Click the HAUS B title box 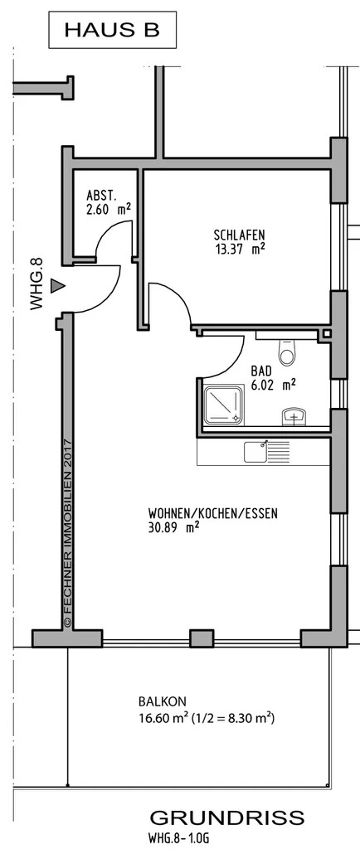click(x=113, y=30)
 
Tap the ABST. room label click(x=101, y=196)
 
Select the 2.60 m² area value click(x=109, y=209)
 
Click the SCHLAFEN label click(x=239, y=235)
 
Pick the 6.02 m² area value click(x=273, y=385)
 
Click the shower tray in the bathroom click(x=223, y=404)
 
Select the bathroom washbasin click(x=295, y=418)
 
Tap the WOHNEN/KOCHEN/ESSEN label click(x=212, y=513)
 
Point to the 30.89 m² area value click(x=173, y=527)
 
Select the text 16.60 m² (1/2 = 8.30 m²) click(x=207, y=719)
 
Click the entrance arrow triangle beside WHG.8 click(x=57, y=286)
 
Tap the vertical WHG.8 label click(x=36, y=284)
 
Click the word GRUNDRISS click(x=226, y=817)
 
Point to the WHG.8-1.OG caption click(x=178, y=838)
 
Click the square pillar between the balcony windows click(x=202, y=639)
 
